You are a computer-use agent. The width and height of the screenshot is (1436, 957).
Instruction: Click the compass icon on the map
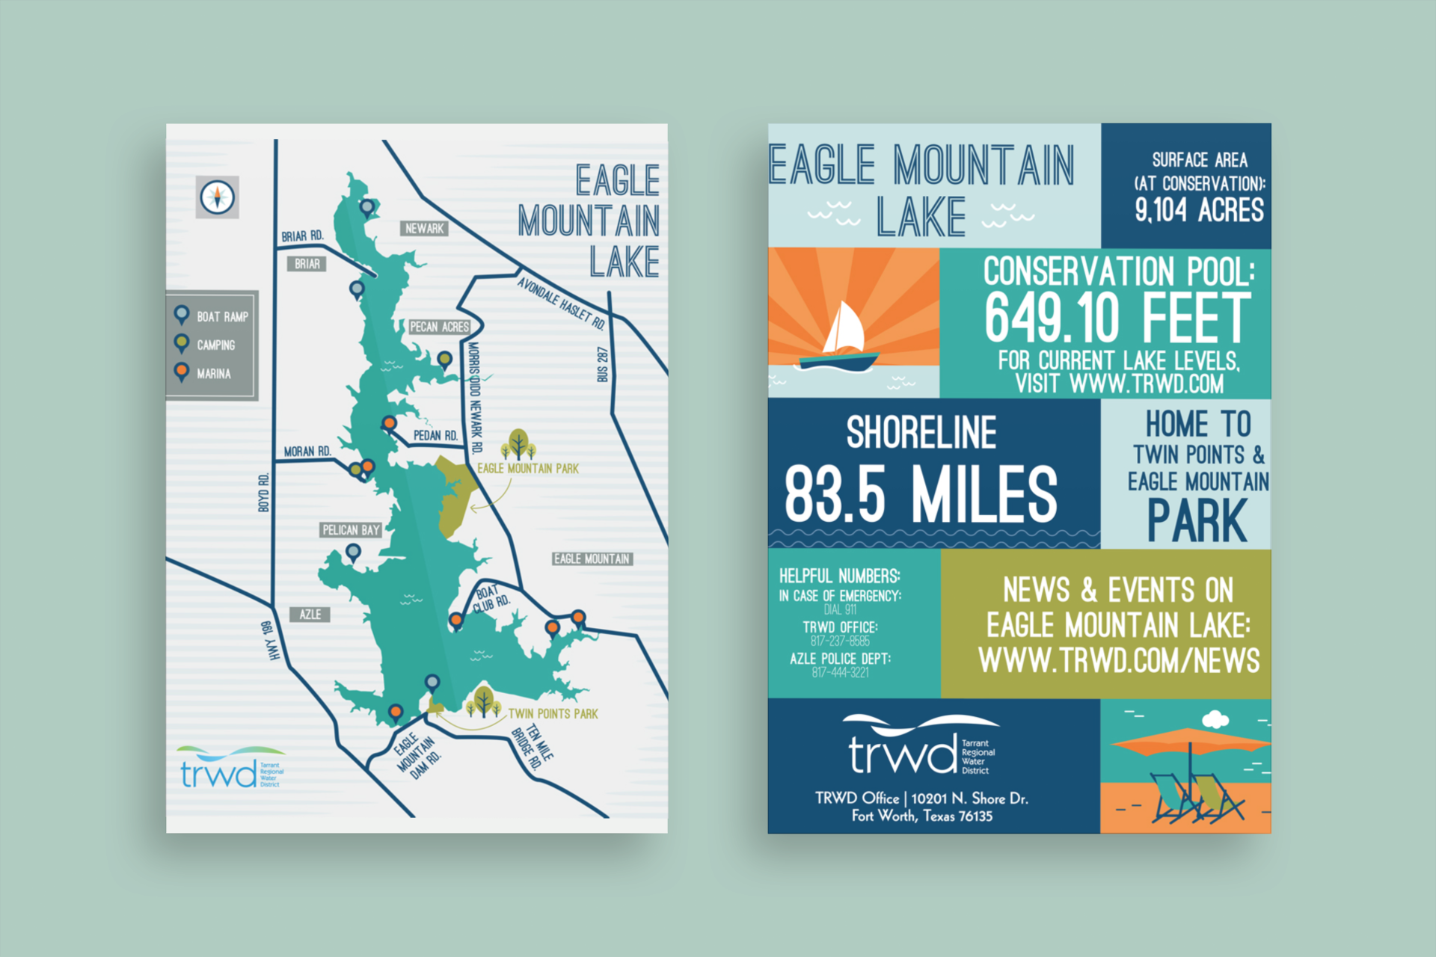pos(218,197)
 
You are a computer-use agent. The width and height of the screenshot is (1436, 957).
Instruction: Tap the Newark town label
pos(424,229)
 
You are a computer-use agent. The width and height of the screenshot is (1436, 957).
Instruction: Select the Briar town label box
pos(307,264)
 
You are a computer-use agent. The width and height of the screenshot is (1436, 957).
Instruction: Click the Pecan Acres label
pos(439,327)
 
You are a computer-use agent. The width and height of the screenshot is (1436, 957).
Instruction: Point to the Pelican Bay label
pos(351,530)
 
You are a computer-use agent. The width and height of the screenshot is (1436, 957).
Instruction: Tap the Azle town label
pos(310,615)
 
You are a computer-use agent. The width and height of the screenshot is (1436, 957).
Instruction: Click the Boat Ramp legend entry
pos(221,317)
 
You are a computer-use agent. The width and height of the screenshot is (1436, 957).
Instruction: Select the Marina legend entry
pos(213,374)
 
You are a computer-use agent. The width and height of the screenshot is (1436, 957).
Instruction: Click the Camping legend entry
pos(215,345)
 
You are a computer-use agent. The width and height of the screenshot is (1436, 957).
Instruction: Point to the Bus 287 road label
pos(602,364)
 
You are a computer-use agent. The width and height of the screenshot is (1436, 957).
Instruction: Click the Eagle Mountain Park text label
pos(528,469)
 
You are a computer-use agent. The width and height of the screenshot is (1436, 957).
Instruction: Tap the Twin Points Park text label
pos(553,714)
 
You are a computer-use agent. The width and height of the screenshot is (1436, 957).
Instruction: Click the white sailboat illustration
pos(844,329)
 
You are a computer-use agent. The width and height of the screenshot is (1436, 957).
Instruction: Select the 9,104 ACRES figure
pos(1199,210)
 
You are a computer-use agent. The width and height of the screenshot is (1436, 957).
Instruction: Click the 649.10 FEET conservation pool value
pos(1117,319)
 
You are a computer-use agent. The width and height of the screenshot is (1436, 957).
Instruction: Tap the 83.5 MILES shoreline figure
pos(921,494)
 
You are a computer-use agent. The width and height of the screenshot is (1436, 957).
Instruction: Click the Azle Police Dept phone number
pos(840,673)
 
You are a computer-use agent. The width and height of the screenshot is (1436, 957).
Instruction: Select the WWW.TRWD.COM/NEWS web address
pos(1119,661)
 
